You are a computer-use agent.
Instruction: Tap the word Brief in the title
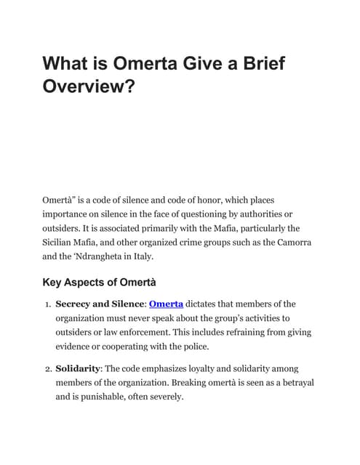click(256, 64)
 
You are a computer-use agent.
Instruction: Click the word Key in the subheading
click(55, 281)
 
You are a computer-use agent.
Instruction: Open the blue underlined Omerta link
click(166, 304)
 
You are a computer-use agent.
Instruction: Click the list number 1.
click(46, 304)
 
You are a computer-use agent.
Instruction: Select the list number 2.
click(46, 369)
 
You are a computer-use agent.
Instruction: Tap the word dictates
click(206, 304)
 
